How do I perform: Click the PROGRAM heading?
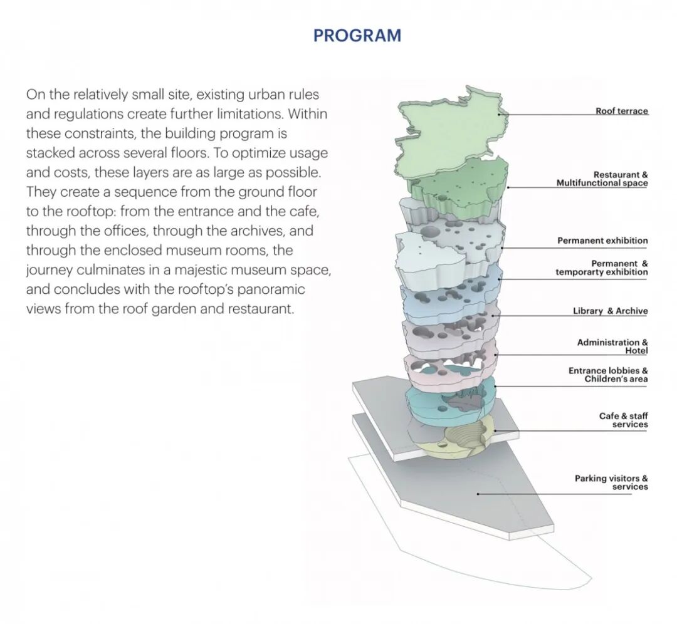357,36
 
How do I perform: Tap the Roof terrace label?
621,112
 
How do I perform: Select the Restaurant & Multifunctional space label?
602,179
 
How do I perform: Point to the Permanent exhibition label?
602,241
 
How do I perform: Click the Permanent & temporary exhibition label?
602,268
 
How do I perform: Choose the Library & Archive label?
610,311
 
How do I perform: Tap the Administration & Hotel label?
612,346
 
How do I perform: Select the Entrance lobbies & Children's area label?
608,375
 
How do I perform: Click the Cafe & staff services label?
623,420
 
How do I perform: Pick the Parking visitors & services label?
611,482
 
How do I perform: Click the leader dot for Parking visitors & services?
478,494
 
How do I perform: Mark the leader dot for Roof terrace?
500,114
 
